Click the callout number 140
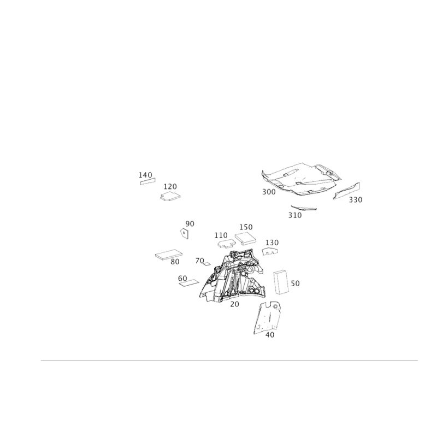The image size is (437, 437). (x=145, y=175)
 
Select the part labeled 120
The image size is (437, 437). (x=170, y=196)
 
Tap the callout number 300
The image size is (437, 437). (x=269, y=192)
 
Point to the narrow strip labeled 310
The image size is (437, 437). (x=304, y=208)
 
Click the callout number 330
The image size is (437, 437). (x=356, y=199)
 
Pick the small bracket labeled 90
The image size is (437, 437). (x=185, y=233)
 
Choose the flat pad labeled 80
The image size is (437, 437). (x=169, y=255)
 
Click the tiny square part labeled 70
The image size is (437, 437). (x=206, y=264)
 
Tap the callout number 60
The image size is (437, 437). (x=182, y=279)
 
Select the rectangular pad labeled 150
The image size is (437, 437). (x=245, y=239)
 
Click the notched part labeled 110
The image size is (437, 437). (x=227, y=244)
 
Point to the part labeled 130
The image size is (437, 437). (x=270, y=251)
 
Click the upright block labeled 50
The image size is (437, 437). (x=281, y=282)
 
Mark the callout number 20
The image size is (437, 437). (x=235, y=304)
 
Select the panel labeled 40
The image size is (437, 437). (x=268, y=317)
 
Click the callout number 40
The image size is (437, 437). (x=270, y=335)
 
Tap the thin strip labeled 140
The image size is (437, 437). (x=147, y=181)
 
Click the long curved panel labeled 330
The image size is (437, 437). (x=346, y=191)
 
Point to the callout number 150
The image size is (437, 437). (x=246, y=227)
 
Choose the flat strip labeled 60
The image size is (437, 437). (x=189, y=283)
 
